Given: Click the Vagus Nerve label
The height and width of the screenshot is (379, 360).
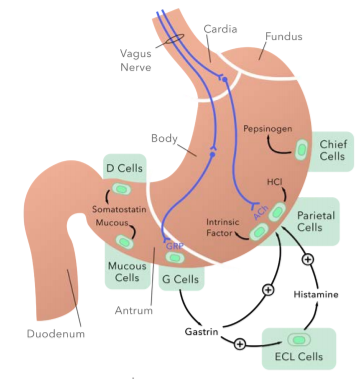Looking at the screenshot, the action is (136, 60).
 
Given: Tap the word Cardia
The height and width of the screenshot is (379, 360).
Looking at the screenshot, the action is (220, 29).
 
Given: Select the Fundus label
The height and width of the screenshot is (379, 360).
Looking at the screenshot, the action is (284, 36).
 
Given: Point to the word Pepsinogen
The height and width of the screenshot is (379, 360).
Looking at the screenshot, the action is (268, 129).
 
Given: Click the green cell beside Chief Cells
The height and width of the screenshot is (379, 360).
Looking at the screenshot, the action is (302, 150).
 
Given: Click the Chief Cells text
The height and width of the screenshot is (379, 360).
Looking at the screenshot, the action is (333, 150).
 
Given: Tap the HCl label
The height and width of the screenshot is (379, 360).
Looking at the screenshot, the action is (274, 182).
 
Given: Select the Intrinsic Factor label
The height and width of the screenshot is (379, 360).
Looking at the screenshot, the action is (222, 227).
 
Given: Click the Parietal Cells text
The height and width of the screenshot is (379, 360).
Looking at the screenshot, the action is (316, 221).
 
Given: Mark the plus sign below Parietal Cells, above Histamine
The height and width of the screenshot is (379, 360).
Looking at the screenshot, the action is (308, 259).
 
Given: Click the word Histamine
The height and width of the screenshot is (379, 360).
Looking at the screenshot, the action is (316, 294).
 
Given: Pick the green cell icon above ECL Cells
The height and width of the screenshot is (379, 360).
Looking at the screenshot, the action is (299, 340).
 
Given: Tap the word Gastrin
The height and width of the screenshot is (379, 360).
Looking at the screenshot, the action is (201, 332).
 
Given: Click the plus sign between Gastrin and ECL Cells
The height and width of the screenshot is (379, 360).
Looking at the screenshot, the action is (240, 344).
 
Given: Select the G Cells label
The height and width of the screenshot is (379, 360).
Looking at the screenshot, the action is (180, 279).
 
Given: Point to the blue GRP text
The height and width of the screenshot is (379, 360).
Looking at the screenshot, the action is (175, 246).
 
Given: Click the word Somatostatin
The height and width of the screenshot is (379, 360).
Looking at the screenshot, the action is (119, 209).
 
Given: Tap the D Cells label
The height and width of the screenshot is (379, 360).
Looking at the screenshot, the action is (124, 168).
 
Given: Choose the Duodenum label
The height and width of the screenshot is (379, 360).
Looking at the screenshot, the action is (56, 334).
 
